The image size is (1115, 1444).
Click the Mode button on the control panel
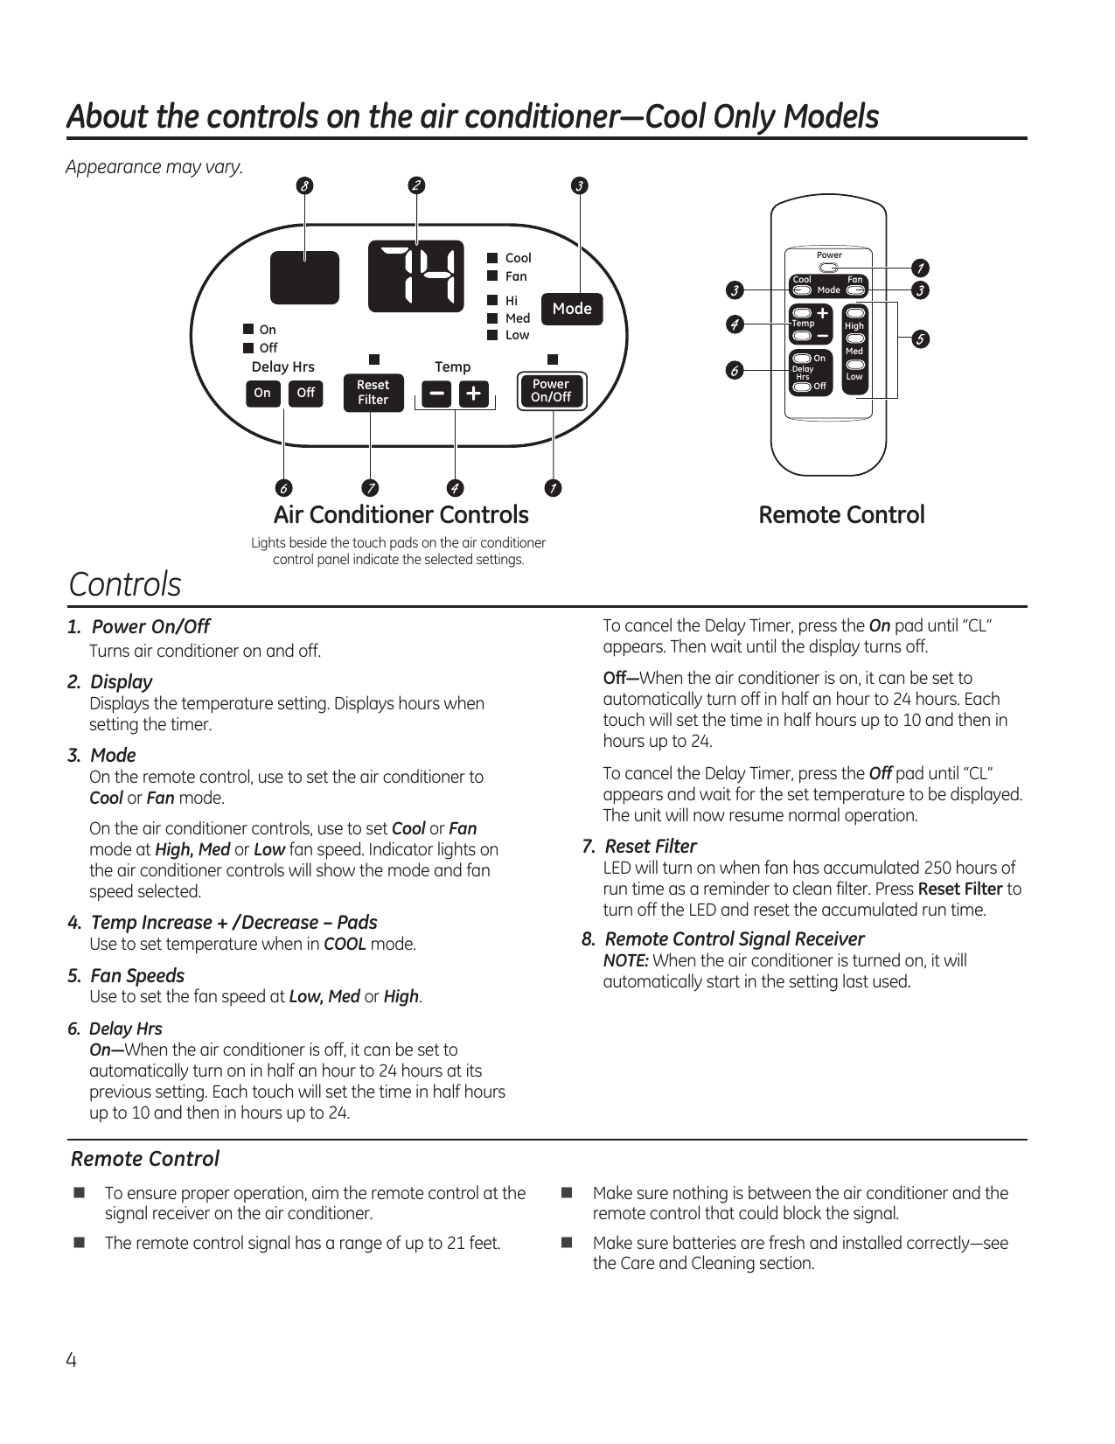[572, 309]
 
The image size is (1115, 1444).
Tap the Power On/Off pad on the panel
[551, 391]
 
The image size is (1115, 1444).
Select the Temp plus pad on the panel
[473, 394]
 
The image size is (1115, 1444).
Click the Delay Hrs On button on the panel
[262, 394]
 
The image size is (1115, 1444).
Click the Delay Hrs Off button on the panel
[305, 394]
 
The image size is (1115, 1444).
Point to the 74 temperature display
[416, 276]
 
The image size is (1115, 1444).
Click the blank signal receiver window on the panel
[304, 276]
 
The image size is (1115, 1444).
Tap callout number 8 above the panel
[304, 185]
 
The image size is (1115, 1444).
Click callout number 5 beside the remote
[919, 339]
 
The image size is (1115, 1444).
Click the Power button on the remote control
[828, 268]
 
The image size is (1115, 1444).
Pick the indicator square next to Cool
[492, 258]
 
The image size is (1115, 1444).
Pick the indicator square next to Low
[492, 335]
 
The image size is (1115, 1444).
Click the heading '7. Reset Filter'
[640, 847]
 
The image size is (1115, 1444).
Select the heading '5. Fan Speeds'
[127, 976]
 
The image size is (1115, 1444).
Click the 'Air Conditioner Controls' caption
[401, 515]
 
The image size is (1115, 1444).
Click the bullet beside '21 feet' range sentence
[80, 1243]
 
